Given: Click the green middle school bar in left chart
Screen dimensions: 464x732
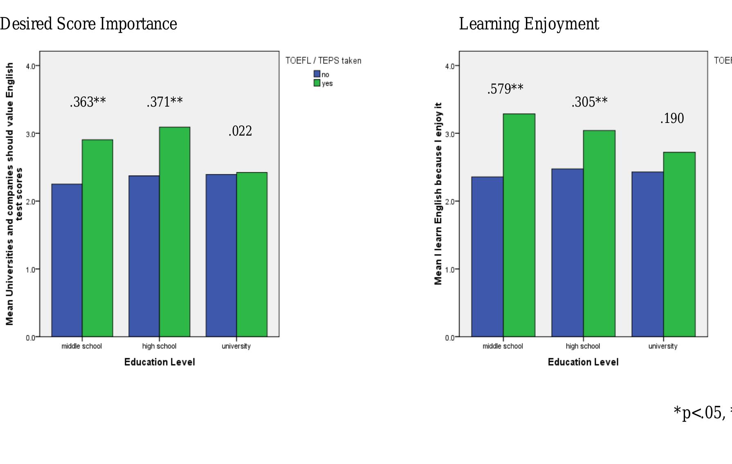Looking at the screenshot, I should coord(97,238).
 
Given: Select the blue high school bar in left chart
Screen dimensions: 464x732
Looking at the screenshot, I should coord(144,256).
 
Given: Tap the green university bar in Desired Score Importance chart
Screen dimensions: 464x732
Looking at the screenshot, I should coord(252,254).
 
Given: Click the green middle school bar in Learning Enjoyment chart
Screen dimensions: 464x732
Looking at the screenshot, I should coord(519,225).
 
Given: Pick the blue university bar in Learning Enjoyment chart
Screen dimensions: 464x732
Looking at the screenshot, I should coord(647,254).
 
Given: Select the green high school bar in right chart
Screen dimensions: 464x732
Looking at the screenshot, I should coord(599,233).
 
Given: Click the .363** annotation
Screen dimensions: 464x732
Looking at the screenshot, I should coord(88,102).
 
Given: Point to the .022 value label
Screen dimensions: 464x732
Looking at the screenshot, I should coord(240,131).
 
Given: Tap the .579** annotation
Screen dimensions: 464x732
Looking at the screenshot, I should coord(505,89).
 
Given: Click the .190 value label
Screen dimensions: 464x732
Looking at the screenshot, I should coord(672,118).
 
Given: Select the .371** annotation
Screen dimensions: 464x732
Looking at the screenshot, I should coord(165,102).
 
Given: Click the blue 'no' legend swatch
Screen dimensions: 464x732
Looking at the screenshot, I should coord(317,74).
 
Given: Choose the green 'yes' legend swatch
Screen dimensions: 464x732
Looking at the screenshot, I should coord(317,83).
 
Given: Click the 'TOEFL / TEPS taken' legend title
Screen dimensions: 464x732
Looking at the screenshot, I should coord(323,61).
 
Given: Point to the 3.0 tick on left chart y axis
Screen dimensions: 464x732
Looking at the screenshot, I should coord(30,134).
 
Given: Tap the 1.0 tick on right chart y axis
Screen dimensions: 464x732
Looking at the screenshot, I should coord(450,270).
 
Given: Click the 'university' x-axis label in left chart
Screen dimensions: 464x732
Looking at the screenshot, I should coord(236,346).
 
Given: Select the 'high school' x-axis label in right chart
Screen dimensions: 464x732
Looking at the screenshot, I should coord(583,346).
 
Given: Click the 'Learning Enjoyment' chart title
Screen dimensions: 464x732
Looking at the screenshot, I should coord(529,24).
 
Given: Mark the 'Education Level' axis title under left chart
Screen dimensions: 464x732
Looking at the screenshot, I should coord(159,362).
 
